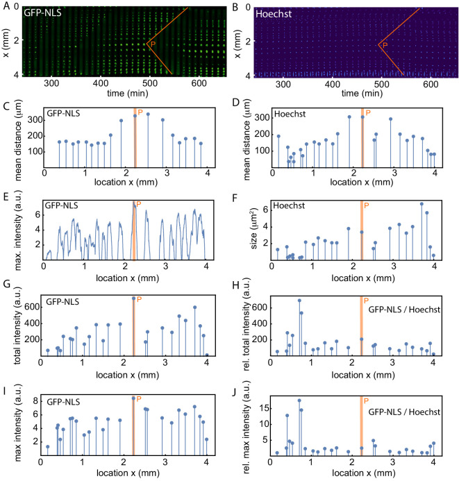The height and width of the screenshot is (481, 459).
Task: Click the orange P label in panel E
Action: (139, 204)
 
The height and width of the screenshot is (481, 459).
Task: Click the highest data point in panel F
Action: (422, 204)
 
